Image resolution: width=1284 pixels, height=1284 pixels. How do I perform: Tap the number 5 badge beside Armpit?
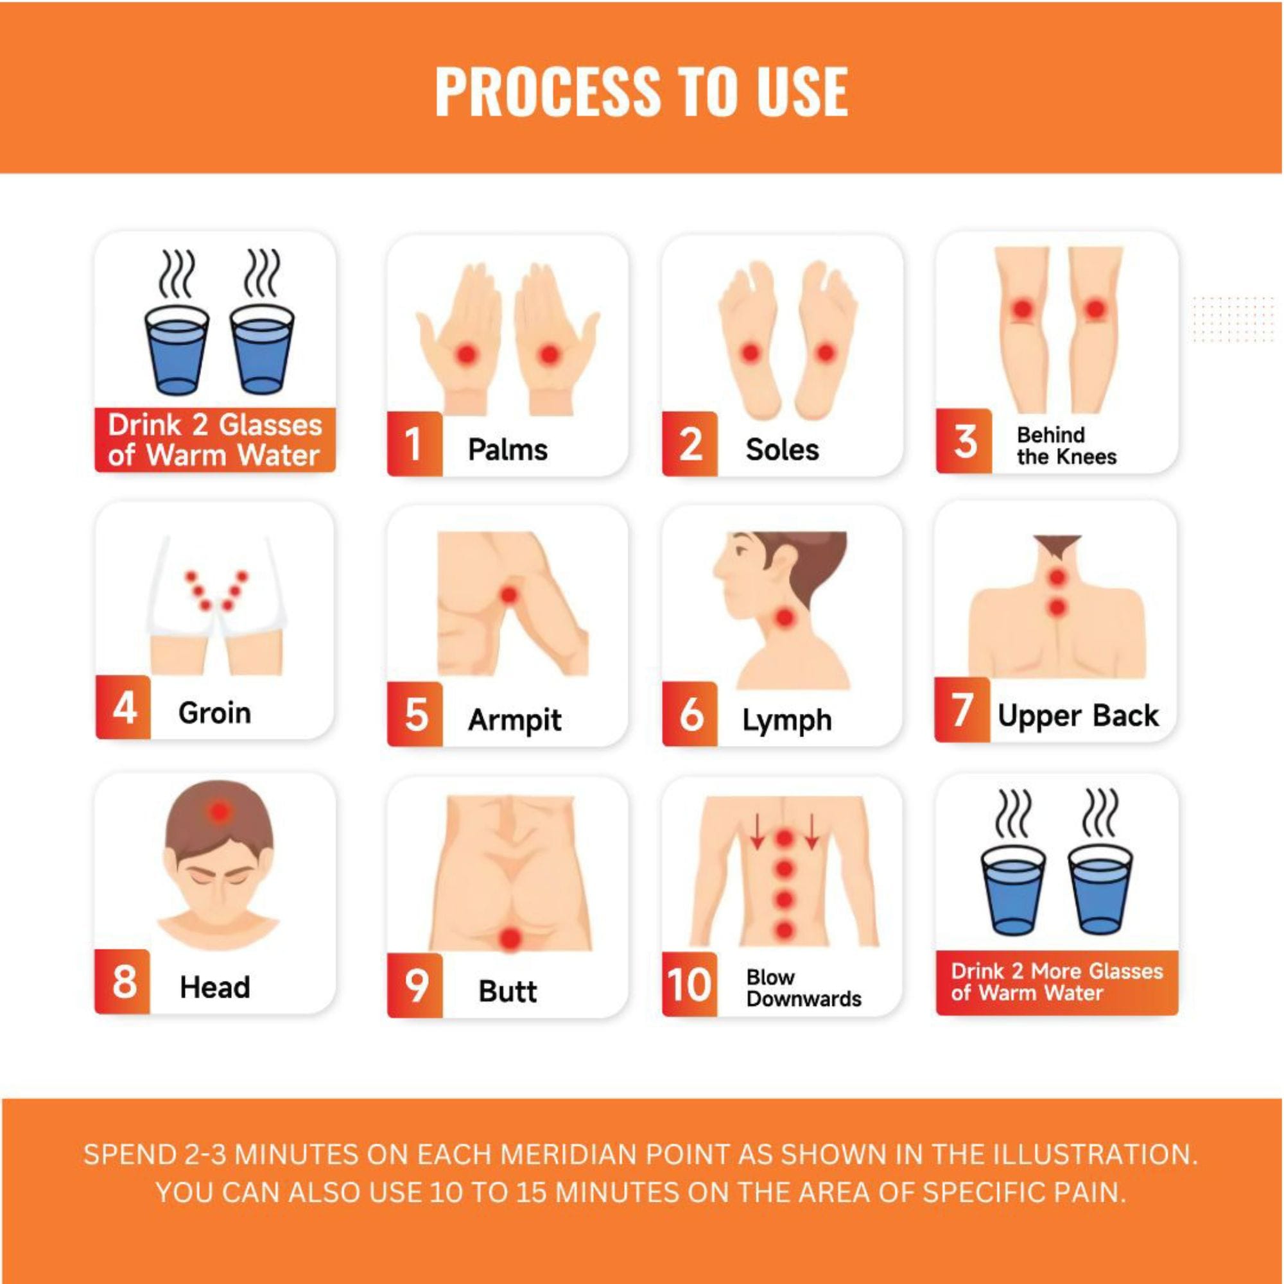click(x=415, y=715)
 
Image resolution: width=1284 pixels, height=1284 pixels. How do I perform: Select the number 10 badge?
click(x=689, y=984)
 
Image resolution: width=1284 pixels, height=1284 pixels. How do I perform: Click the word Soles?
click(x=781, y=450)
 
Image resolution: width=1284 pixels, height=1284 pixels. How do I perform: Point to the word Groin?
click(x=214, y=713)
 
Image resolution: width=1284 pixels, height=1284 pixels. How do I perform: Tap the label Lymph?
click(x=787, y=720)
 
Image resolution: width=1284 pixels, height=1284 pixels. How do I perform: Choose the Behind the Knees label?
click(x=1066, y=446)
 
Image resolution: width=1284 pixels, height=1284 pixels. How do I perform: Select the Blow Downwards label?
click(x=804, y=988)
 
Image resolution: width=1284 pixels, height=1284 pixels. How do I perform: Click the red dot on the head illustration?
click(x=219, y=811)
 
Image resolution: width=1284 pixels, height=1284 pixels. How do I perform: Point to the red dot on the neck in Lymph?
click(x=785, y=619)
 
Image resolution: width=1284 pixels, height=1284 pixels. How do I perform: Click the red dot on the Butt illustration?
click(x=510, y=939)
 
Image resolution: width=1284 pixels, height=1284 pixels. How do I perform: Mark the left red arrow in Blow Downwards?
click(x=756, y=832)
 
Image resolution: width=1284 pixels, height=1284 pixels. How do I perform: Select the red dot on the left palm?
click(x=467, y=355)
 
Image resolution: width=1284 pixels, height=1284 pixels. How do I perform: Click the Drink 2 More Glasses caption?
click(x=1057, y=982)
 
